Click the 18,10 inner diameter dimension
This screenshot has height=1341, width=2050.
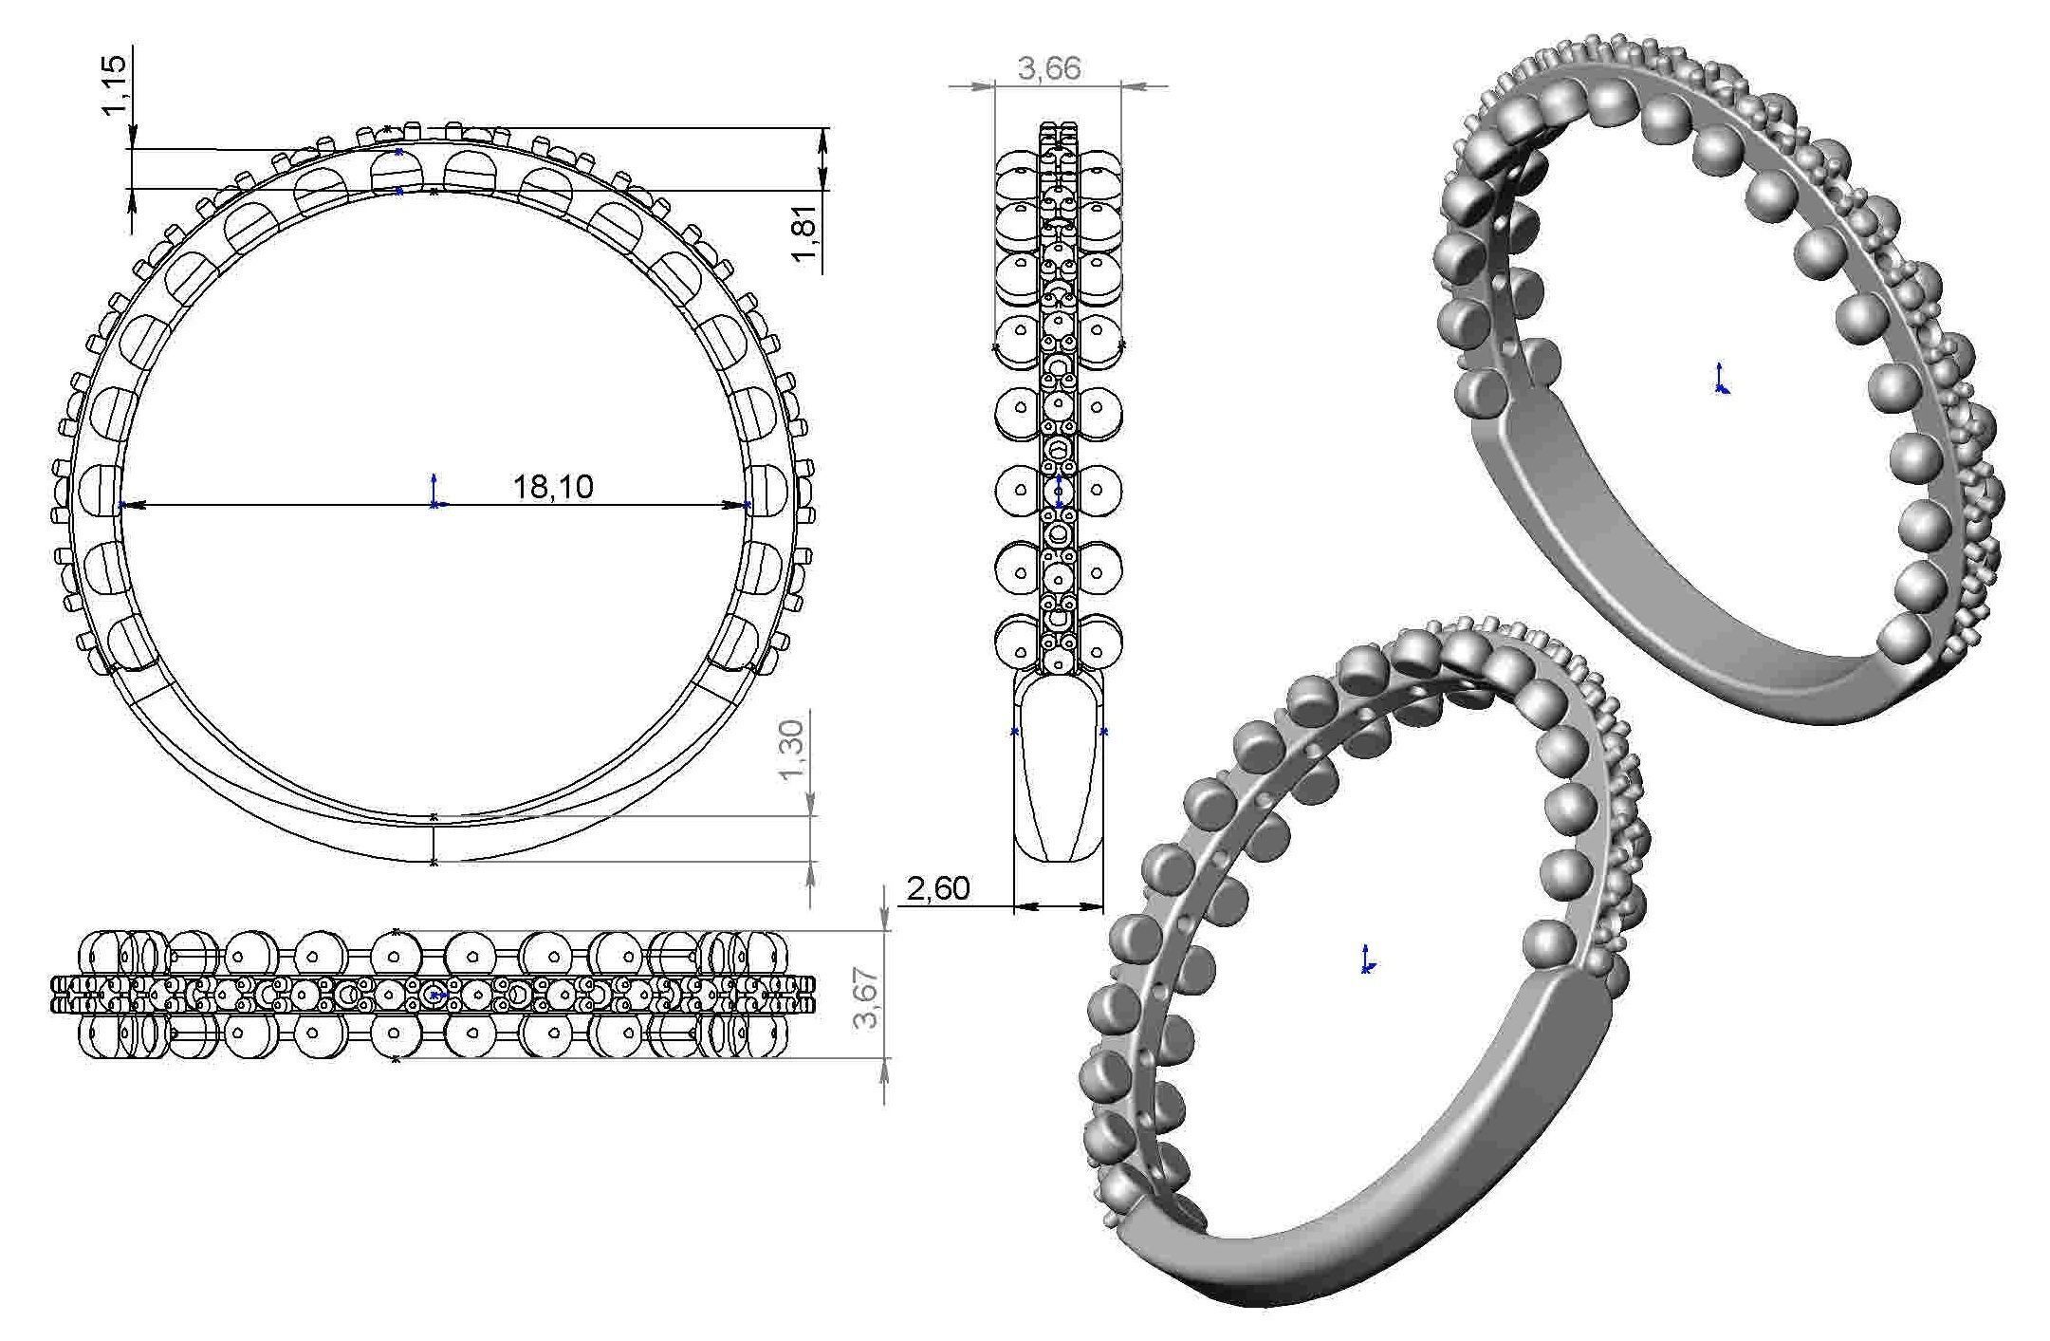(x=553, y=487)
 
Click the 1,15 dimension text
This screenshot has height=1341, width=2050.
(x=114, y=84)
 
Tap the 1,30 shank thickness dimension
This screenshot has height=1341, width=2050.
(x=791, y=749)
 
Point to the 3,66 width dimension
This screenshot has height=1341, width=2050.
(x=1049, y=68)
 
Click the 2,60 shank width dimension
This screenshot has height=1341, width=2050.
(x=938, y=889)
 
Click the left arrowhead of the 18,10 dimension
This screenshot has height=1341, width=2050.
(x=129, y=505)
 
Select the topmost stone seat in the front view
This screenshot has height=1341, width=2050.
(x=397, y=172)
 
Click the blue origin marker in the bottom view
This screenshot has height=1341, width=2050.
(x=434, y=995)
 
